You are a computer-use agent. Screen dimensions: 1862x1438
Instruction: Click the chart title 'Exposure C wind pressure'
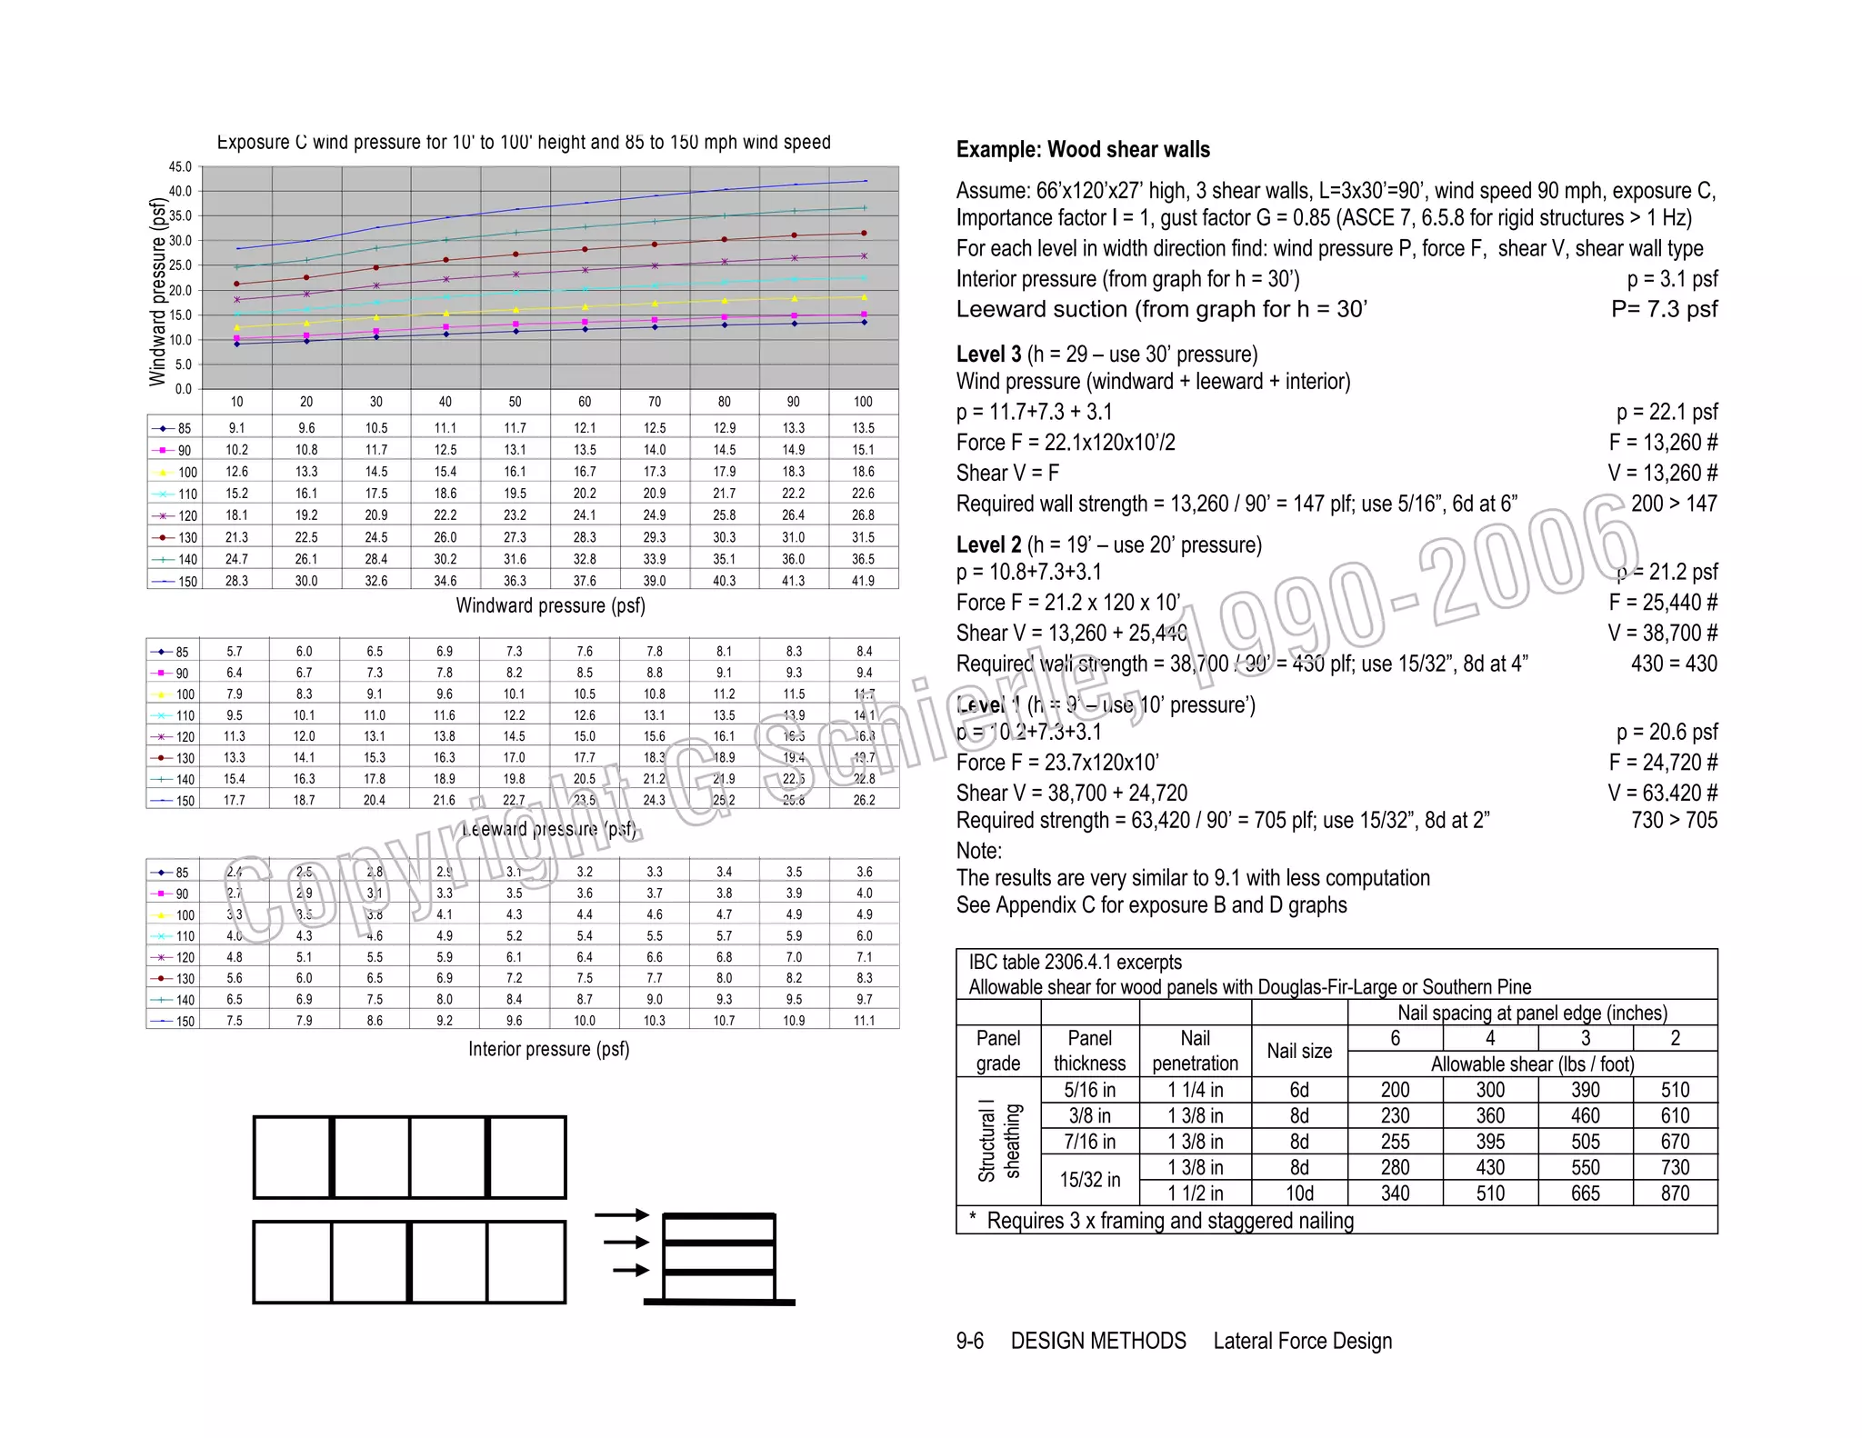(x=524, y=143)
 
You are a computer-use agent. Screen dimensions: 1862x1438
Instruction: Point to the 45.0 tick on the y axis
(x=180, y=167)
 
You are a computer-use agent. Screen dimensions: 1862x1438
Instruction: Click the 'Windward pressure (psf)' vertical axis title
(x=158, y=293)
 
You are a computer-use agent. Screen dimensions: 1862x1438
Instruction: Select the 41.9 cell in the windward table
(x=863, y=581)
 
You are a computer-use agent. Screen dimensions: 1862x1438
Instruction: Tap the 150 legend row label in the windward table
(x=187, y=582)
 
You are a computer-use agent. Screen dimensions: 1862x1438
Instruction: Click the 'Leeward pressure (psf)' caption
(x=549, y=829)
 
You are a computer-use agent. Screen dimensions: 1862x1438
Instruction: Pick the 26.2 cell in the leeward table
(x=864, y=800)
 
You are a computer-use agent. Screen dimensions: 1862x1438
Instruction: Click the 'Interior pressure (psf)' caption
(x=549, y=1049)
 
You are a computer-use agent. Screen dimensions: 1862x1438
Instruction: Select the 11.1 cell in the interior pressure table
(x=864, y=1021)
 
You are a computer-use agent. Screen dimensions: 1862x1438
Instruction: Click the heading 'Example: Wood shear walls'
(x=1083, y=150)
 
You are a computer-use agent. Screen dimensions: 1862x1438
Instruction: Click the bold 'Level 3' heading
(x=988, y=355)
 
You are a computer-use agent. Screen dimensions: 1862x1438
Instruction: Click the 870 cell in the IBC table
(x=1675, y=1193)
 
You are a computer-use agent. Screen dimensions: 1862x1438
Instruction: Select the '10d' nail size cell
(x=1299, y=1193)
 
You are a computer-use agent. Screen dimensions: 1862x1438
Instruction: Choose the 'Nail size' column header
(x=1299, y=1051)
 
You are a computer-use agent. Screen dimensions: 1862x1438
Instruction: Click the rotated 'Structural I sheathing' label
(x=998, y=1142)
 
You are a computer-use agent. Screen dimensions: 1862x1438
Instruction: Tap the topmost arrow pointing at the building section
(x=622, y=1214)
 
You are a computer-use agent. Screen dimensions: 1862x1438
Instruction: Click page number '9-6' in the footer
(x=969, y=1341)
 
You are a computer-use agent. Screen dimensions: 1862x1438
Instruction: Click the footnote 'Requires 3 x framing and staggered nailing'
(x=1169, y=1221)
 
